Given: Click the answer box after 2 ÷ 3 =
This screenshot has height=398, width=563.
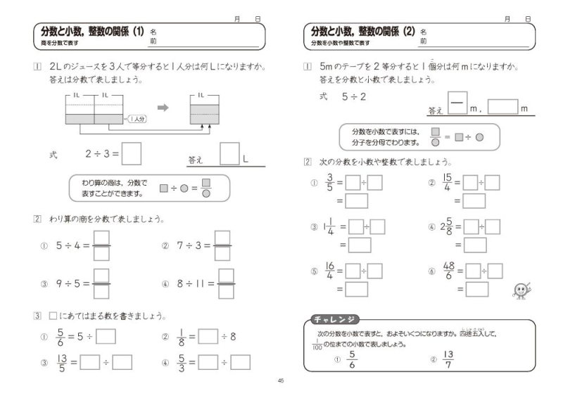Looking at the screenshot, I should pyautogui.click(x=132, y=153).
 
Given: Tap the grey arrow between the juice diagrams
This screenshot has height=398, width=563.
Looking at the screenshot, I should pyautogui.click(x=163, y=108).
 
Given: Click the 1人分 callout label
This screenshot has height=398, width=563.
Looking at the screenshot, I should pyautogui.click(x=137, y=120).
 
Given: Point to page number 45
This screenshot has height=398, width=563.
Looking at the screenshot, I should pyautogui.click(x=281, y=380).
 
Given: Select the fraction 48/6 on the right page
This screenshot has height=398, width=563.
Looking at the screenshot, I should pyautogui.click(x=449, y=271).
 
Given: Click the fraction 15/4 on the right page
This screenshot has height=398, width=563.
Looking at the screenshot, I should pyautogui.click(x=448, y=183).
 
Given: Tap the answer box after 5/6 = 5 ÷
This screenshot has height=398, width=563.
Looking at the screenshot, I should pyautogui.click(x=106, y=336).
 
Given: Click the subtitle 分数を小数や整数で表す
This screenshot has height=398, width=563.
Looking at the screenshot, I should pyautogui.click(x=341, y=44).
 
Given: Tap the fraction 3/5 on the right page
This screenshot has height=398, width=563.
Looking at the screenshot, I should pyautogui.click(x=329, y=183).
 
